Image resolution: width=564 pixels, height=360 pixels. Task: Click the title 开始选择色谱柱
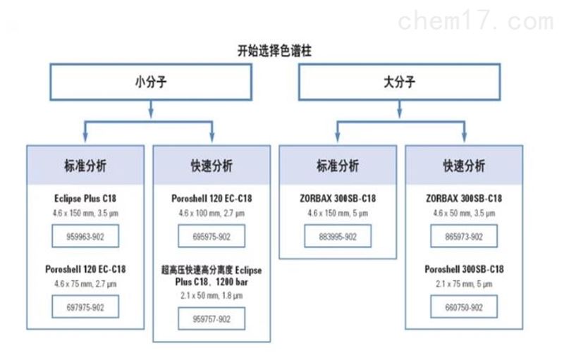[274, 51]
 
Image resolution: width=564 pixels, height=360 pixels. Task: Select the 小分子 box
[151, 82]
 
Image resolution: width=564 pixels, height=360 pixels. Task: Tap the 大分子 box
[399, 82]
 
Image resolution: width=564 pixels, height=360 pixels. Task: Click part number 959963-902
[85, 236]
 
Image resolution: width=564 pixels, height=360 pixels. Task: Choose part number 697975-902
[85, 307]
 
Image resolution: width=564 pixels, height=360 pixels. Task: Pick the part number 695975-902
[211, 236]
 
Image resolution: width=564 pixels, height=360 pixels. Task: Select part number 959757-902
[211, 318]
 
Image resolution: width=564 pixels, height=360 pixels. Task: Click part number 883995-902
[338, 236]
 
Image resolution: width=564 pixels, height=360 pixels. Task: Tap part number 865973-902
[464, 236]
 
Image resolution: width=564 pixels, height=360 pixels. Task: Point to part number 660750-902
[464, 307]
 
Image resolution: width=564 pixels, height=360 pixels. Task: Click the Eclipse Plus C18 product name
[85, 199]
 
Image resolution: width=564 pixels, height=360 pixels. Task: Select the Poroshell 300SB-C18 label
[464, 269]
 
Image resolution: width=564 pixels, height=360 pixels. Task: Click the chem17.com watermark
[476, 20]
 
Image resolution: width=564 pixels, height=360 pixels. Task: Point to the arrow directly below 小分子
[151, 109]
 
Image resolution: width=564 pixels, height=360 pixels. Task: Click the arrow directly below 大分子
[399, 109]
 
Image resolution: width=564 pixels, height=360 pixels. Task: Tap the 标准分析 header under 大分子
[338, 166]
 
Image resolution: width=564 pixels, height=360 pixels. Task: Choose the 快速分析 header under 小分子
[211, 166]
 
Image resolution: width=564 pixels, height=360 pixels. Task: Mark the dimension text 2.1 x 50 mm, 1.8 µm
[211, 296]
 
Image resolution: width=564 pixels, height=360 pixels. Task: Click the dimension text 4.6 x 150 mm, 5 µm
[338, 213]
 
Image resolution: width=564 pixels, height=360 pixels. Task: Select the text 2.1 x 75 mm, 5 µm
[464, 284]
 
